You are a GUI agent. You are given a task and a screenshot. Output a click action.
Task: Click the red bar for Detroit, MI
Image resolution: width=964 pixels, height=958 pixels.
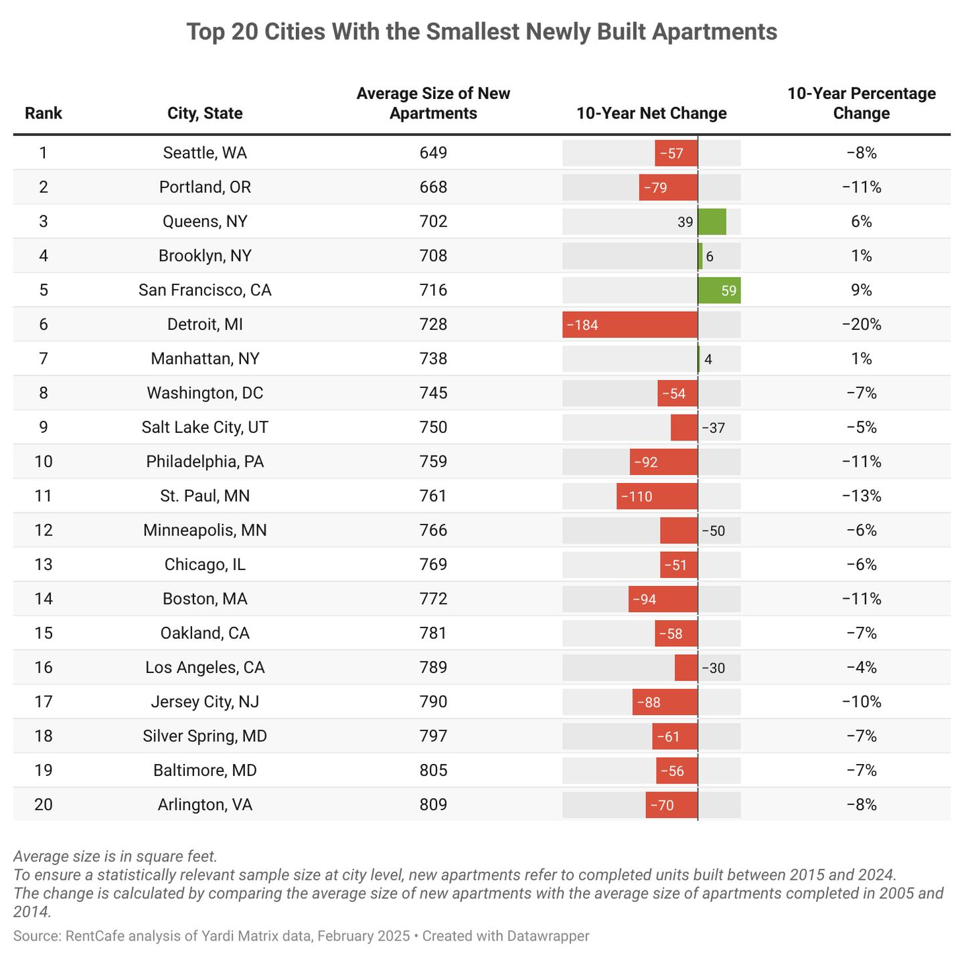point(629,324)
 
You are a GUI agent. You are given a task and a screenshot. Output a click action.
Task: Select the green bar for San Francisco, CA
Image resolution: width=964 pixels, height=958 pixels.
point(719,290)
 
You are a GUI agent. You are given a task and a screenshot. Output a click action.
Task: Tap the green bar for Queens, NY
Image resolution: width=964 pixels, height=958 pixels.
point(712,221)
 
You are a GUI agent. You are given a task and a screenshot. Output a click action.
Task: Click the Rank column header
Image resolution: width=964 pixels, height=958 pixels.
point(44,113)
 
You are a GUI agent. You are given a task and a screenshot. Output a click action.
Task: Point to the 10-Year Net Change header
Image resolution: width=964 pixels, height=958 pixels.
point(651,113)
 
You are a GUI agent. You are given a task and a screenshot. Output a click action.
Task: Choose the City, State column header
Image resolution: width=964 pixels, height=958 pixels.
point(205,113)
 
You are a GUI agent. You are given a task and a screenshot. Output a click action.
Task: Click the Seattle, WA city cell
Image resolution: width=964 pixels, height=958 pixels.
point(205,153)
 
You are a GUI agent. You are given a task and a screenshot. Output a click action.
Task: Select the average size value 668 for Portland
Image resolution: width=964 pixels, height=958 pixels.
point(433,187)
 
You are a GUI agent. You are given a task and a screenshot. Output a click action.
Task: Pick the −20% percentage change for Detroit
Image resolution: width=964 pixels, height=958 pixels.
point(861,324)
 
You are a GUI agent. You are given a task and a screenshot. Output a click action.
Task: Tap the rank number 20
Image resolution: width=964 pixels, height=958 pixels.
point(44,804)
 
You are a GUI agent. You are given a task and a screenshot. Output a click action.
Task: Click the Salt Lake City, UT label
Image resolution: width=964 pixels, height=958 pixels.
point(205,427)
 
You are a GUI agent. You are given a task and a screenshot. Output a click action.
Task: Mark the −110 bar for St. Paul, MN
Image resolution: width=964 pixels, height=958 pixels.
point(657,496)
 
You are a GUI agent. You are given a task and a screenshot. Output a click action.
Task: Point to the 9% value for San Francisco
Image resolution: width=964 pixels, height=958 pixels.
point(861,290)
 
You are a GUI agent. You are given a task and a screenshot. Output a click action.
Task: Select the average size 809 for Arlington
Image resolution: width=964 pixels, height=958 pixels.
point(433,804)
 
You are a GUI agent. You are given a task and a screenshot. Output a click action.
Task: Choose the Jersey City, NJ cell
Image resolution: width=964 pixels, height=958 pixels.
point(205,702)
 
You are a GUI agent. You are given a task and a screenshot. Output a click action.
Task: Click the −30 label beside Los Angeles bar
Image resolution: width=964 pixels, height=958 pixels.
point(714,668)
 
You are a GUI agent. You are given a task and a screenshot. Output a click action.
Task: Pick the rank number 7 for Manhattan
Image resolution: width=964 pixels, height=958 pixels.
point(44,359)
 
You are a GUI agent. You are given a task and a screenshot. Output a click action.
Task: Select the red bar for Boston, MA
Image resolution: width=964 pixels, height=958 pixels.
point(663,599)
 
